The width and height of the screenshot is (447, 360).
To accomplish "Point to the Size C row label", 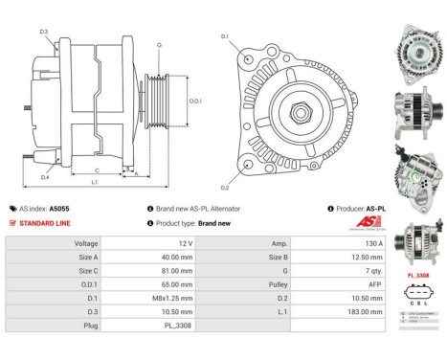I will click(x=87, y=271).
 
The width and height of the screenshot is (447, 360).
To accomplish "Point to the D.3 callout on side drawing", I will click(x=44, y=33).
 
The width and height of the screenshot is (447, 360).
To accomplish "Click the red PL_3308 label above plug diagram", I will click(x=416, y=275).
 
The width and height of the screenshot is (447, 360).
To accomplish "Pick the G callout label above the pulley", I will click(x=159, y=45).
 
